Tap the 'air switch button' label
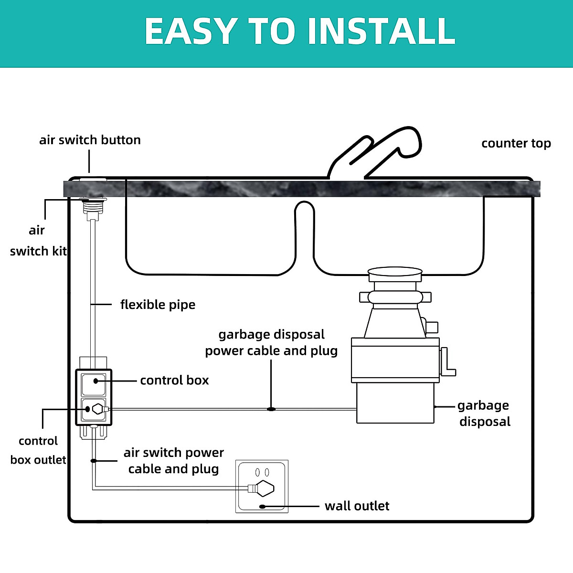pos(90,140)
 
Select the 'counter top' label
pos(516,144)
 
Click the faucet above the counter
pos(374,152)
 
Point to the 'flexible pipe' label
pos(158,305)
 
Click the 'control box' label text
pos(174,380)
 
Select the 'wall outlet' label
pos(357,506)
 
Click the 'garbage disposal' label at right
pos(484,414)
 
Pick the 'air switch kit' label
pos(38,241)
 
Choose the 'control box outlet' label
pos(38,450)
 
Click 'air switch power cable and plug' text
pos(174,461)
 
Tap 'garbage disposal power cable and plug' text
pos(271,342)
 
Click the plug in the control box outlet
pos(99,409)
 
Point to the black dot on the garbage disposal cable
pos(271,409)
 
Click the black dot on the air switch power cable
pos(94,461)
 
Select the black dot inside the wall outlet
pos(262,507)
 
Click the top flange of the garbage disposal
pos(395,274)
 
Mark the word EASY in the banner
pos(191,31)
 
